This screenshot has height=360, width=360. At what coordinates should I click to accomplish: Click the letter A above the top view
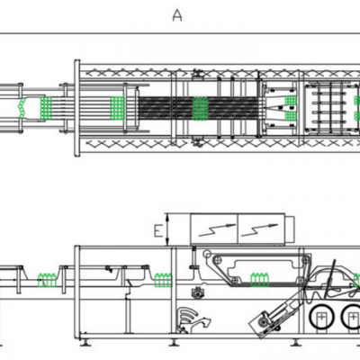pyautogui.click(x=177, y=15)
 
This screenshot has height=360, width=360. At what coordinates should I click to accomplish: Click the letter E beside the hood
pyautogui.click(x=157, y=231)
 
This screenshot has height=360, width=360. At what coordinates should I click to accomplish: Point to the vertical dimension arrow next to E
pyautogui.click(x=167, y=229)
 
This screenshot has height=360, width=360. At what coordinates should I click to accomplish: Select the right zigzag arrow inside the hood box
pyautogui.click(x=258, y=229)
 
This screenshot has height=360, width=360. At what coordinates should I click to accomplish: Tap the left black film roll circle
pyautogui.click(x=321, y=317)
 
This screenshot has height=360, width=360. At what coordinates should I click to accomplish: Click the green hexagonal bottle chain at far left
pyautogui.click(x=22, y=107)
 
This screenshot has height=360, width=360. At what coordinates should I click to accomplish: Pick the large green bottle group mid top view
pyautogui.click(x=200, y=109)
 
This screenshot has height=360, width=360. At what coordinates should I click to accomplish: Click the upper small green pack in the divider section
pyautogui.click(x=291, y=101)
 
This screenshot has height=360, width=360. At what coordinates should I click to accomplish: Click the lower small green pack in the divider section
pyautogui.click(x=291, y=116)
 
